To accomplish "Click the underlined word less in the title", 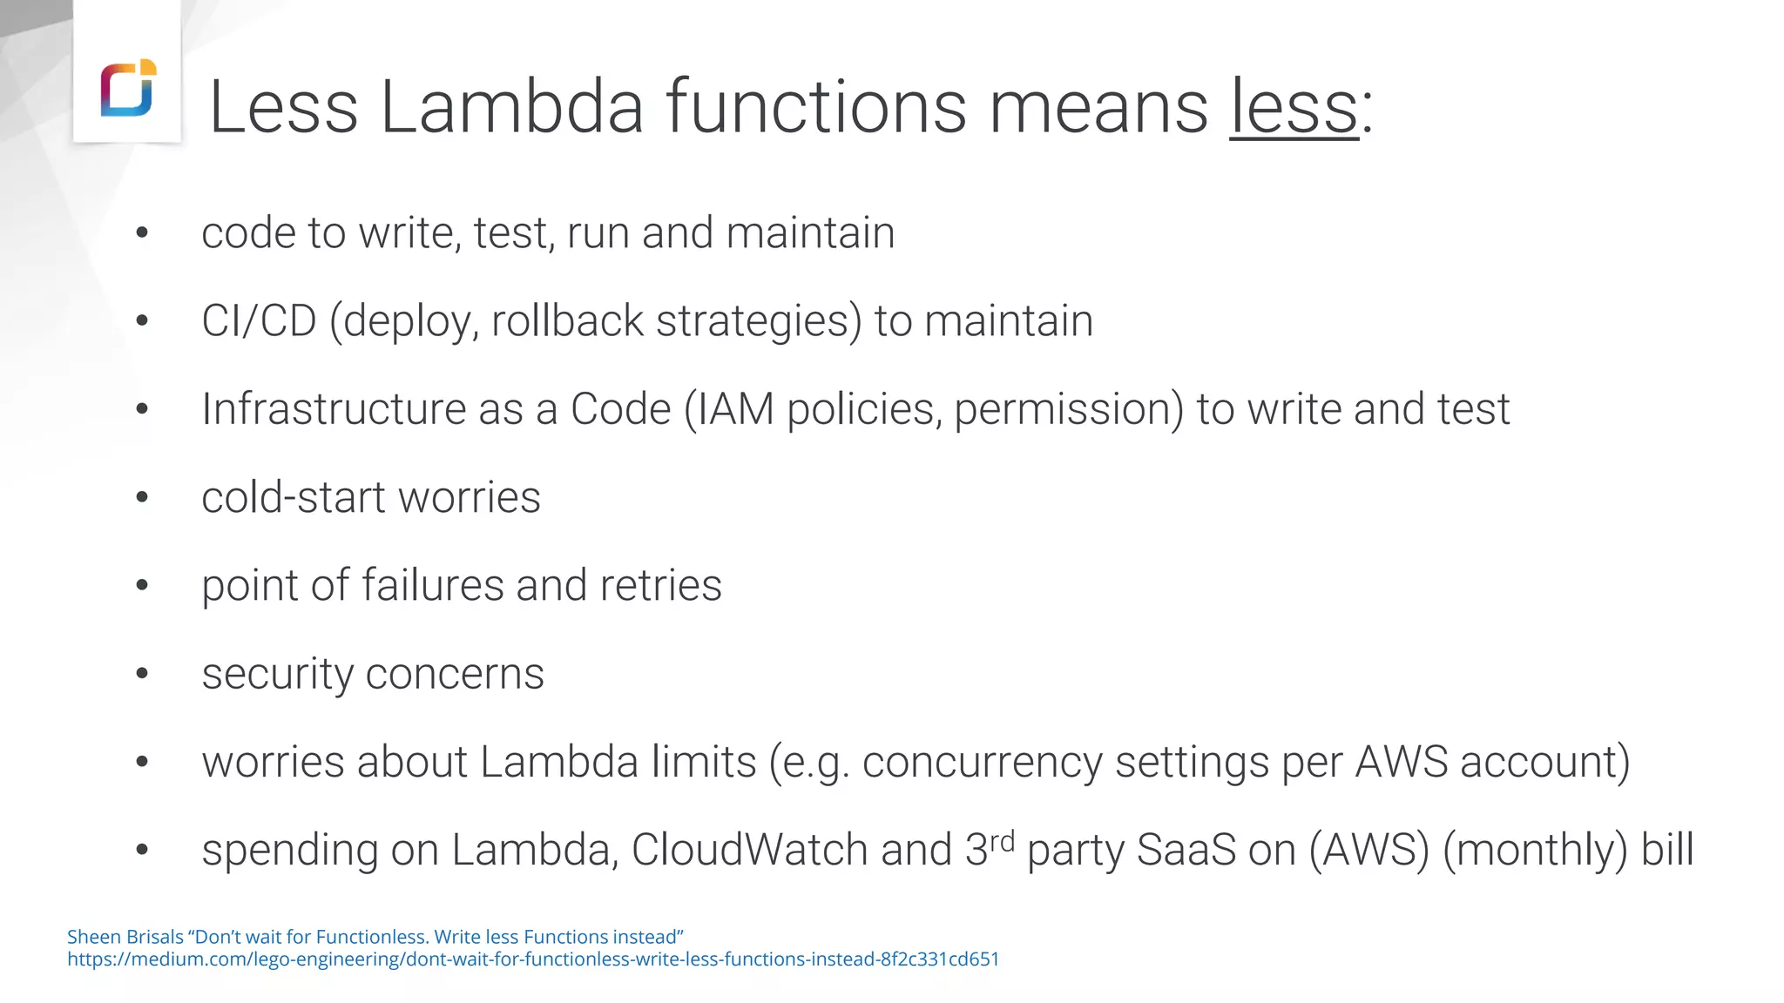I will pyautogui.click(x=1294, y=107).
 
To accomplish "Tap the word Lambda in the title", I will pyautogui.click(x=511, y=107).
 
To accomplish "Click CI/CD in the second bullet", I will pyautogui.click(x=259, y=321).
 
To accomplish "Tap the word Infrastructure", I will pyautogui.click(x=334, y=409).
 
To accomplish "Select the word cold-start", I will pyautogui.click(x=294, y=498).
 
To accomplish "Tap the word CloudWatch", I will pyautogui.click(x=749, y=851).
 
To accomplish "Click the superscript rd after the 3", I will pyautogui.click(x=1003, y=841).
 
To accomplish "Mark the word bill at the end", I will pyautogui.click(x=1667, y=851).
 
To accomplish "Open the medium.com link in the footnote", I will pyautogui.click(x=533, y=959).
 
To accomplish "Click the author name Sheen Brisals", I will pyautogui.click(x=125, y=937).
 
